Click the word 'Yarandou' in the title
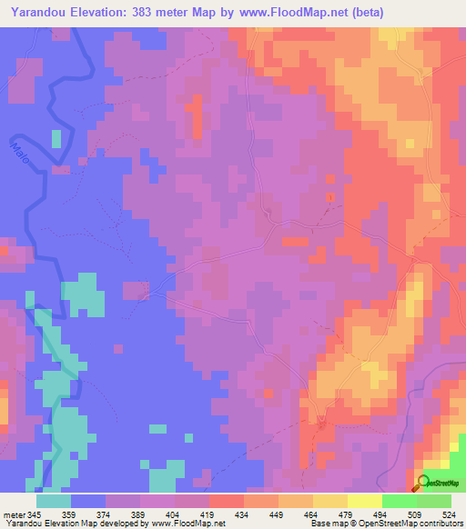pyautogui.click(x=36, y=13)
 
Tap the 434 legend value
pyautogui.click(x=243, y=514)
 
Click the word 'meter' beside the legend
pyautogui.click(x=14, y=514)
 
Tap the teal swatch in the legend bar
pyautogui.click(x=54, y=501)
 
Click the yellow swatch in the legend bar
pyautogui.click(x=329, y=501)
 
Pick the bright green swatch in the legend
pyautogui.click(x=399, y=501)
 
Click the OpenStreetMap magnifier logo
pyautogui.click(x=423, y=482)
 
